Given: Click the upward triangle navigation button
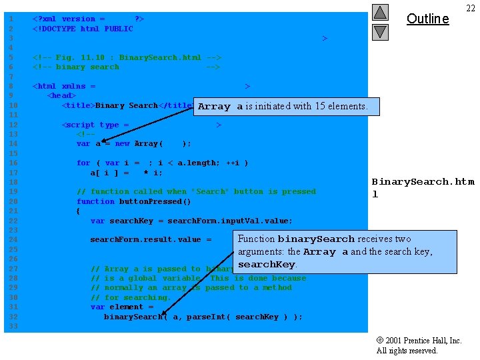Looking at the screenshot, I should pyautogui.click(x=380, y=12).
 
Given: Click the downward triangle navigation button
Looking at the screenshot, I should pyautogui.click(x=380, y=31).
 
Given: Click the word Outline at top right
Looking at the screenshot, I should pyautogui.click(x=427, y=19).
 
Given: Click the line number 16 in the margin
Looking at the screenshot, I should pyautogui.click(x=12, y=163).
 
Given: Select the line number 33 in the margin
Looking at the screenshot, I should pyautogui.click(x=12, y=326).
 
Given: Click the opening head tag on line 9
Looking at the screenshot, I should pyautogui.click(x=61, y=96).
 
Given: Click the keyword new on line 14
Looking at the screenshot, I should pyautogui.click(x=122, y=143).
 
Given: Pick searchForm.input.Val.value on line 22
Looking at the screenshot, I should pyautogui.click(x=220, y=221).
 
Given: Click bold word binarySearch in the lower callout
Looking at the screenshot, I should pyautogui.click(x=316, y=239).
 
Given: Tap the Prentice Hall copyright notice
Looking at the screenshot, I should pyautogui.click(x=419, y=345).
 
